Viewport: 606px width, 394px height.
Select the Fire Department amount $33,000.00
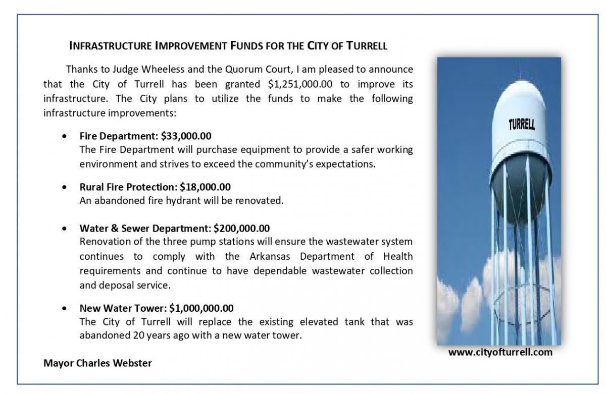[x=186, y=136]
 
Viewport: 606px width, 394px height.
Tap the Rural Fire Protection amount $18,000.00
[x=206, y=187]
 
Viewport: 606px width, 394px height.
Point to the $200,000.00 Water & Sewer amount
[x=242, y=229]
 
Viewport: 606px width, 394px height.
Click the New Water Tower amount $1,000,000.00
[x=201, y=308]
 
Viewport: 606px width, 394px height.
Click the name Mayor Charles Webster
[x=97, y=363]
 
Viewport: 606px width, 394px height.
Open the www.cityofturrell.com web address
[x=500, y=353]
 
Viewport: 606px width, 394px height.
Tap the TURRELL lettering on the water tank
[x=521, y=124]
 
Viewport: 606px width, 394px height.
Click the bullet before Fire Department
[x=64, y=136]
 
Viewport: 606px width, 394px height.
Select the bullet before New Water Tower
[x=64, y=308]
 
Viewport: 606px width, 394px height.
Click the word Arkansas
[x=271, y=256]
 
